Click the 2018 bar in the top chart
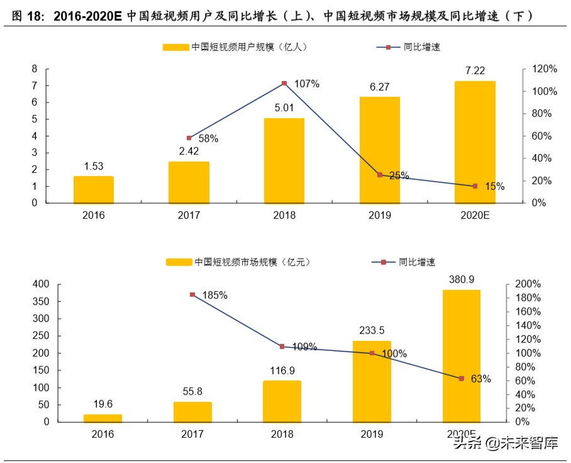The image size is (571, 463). pyautogui.click(x=284, y=160)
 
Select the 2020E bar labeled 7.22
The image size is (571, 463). pyautogui.click(x=475, y=142)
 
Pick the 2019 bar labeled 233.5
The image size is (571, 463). pyautogui.click(x=371, y=381)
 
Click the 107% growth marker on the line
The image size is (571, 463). pyautogui.click(x=284, y=83)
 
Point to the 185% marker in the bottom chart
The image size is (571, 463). pyautogui.click(x=192, y=294)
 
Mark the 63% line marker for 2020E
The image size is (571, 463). pyautogui.click(x=461, y=379)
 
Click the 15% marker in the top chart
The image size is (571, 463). pyautogui.click(x=475, y=186)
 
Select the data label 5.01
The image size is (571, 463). pyautogui.click(x=284, y=108)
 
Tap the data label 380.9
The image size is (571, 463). pyautogui.click(x=461, y=279)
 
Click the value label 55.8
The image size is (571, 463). pyautogui.click(x=192, y=391)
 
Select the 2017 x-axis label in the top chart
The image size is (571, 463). pyautogui.click(x=189, y=215)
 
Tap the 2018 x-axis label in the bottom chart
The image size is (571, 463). pyautogui.click(x=282, y=434)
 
